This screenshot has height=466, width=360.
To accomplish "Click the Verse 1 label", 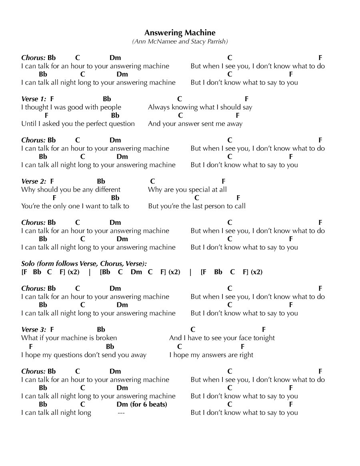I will click(34, 99).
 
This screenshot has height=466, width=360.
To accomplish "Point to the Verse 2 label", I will click(34, 181).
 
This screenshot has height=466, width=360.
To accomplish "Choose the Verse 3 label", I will click(34, 330).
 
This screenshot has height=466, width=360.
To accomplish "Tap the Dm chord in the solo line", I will click(136, 272).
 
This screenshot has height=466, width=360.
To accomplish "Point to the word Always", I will click(158, 107).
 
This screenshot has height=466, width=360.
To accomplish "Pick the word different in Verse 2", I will click(106, 190).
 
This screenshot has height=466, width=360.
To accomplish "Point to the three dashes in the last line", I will click(121, 413).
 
